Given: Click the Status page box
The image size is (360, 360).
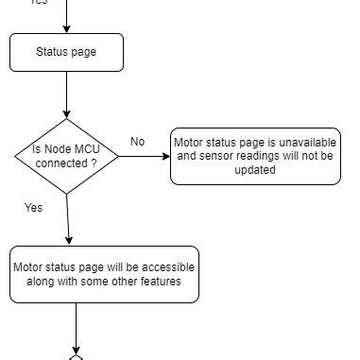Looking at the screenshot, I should (66, 53).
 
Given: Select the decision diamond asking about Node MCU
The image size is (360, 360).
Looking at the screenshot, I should (67, 155).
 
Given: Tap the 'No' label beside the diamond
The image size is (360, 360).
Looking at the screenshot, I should (138, 142).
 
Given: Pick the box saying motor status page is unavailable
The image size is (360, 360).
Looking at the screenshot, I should (255, 156).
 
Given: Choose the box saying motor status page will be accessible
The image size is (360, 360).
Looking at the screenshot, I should (104, 274).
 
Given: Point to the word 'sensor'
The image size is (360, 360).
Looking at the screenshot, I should (219, 157).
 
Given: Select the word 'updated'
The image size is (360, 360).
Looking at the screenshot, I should (255, 171).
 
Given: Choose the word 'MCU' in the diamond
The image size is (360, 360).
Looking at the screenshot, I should (88, 149).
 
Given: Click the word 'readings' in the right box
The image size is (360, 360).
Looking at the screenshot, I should (264, 157).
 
